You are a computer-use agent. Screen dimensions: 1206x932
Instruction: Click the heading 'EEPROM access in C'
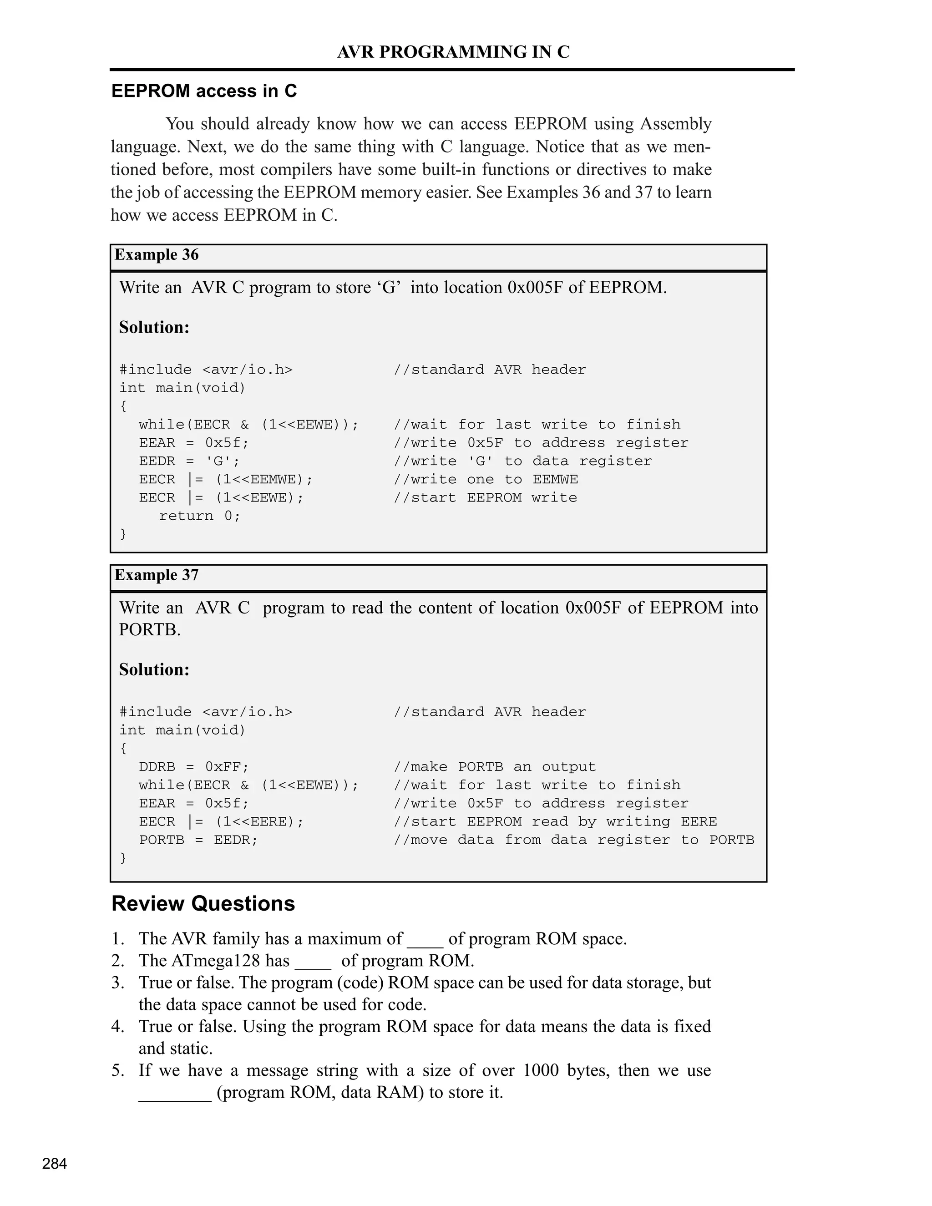204,91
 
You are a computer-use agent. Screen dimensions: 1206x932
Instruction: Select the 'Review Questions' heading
203,903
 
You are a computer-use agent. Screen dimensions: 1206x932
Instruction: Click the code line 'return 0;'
199,516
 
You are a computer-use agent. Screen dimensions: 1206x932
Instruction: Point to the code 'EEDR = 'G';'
189,461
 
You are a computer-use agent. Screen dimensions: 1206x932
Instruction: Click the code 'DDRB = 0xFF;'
194,767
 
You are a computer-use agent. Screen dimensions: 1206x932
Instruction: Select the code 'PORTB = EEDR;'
198,840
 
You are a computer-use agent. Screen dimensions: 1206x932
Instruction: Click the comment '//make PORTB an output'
494,767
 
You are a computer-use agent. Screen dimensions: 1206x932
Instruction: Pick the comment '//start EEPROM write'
485,497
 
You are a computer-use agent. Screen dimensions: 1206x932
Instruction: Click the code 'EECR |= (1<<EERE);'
221,821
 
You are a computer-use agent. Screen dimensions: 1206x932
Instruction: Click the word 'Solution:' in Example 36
154,328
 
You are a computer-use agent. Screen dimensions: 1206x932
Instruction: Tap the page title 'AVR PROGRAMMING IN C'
453,52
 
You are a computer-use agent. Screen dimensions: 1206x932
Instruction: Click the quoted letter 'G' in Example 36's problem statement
389,288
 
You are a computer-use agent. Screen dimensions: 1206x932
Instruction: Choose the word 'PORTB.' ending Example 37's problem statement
150,630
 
